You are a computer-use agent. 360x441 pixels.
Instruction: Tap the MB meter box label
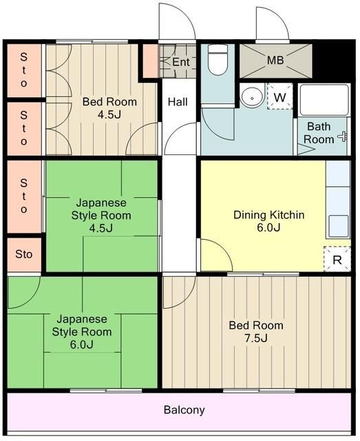coord(275,61)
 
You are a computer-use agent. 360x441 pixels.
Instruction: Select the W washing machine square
coord(279,97)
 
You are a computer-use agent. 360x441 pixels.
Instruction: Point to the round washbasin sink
coord(253,98)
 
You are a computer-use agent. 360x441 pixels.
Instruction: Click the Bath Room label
coord(319,132)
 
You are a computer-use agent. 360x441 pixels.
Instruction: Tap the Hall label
coord(178,102)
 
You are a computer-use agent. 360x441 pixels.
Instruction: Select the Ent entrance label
coord(180,63)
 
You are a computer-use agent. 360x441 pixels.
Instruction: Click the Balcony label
coord(184,410)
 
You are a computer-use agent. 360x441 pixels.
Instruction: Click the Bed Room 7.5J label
coord(256,331)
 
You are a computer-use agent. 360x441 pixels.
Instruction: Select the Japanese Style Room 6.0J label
coord(81,331)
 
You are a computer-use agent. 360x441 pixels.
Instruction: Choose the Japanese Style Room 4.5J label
coord(100,216)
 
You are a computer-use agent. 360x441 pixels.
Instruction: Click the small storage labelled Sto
coord(23,254)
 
